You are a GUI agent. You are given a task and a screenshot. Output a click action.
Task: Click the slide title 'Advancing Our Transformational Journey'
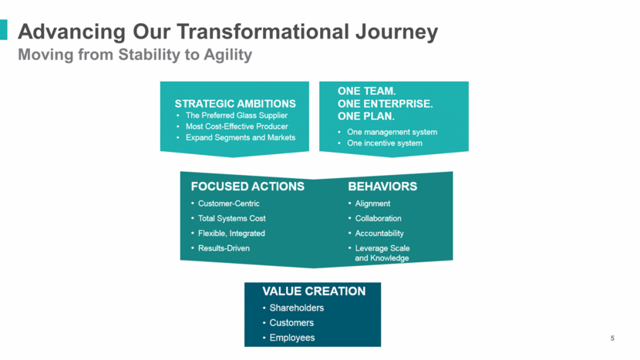[x=227, y=32]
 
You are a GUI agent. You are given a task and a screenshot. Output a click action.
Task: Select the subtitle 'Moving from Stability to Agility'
[x=135, y=55]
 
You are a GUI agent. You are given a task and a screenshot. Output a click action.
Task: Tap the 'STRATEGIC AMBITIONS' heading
[x=235, y=103]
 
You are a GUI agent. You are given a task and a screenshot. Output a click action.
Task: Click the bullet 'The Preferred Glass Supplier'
[x=237, y=116]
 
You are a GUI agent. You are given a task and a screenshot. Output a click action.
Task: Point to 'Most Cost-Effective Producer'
[x=237, y=126]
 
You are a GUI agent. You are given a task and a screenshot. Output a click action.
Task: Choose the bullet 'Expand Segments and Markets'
[x=241, y=137]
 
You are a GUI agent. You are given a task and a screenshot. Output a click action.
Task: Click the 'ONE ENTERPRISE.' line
[x=385, y=103]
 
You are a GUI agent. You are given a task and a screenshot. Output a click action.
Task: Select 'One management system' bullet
[x=392, y=133]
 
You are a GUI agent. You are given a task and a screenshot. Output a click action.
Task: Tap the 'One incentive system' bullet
[x=385, y=143]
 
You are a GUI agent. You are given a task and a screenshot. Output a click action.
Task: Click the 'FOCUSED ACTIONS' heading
[x=248, y=187]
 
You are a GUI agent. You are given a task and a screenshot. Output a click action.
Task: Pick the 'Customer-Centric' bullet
[x=228, y=204]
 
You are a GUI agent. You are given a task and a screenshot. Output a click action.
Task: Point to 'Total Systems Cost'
[x=232, y=218]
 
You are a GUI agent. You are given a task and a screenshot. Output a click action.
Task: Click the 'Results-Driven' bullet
[x=224, y=248]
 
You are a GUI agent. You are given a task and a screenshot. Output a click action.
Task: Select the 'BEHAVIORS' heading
[x=382, y=187]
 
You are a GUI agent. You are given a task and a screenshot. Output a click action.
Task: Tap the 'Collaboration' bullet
[x=378, y=218]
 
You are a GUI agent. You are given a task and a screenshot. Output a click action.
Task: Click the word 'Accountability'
[x=379, y=234]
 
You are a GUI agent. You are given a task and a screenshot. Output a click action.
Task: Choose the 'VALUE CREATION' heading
[x=314, y=291]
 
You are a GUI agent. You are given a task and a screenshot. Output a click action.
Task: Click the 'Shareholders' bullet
[x=297, y=308]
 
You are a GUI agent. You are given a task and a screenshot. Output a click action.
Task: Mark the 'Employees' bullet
[x=292, y=338]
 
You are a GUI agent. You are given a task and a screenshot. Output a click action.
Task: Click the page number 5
[x=612, y=338]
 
